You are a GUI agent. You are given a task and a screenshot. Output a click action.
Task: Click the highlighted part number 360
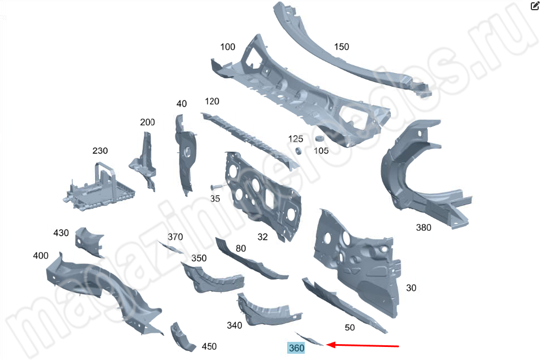(296, 348)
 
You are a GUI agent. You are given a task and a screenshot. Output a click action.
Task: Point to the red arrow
(363, 345)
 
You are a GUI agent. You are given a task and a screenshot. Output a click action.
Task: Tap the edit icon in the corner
(535, 6)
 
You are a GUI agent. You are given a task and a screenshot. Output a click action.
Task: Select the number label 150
(342, 46)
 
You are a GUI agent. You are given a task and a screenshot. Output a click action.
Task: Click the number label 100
(228, 47)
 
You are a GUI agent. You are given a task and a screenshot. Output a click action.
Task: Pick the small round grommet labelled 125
(299, 151)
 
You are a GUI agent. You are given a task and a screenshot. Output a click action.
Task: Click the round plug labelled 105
(318, 138)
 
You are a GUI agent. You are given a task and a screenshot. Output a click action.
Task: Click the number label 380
(423, 227)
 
